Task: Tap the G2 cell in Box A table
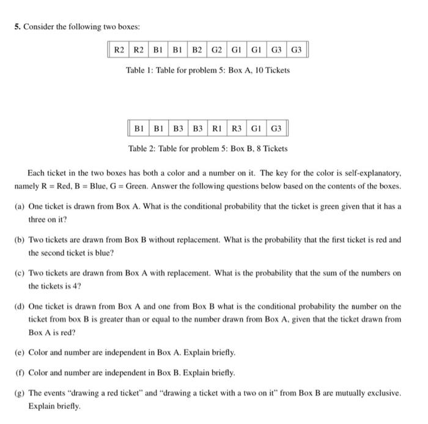[217, 49]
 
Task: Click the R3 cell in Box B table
[237, 128]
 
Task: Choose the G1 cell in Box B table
[256, 128]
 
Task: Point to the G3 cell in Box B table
[276, 128]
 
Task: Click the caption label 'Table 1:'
[140, 70]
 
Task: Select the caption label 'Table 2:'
[143, 149]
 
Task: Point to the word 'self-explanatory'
[372, 173]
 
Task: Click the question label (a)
[20, 207]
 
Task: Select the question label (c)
[20, 273]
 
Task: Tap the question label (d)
[20, 307]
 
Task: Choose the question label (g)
[20, 393]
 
